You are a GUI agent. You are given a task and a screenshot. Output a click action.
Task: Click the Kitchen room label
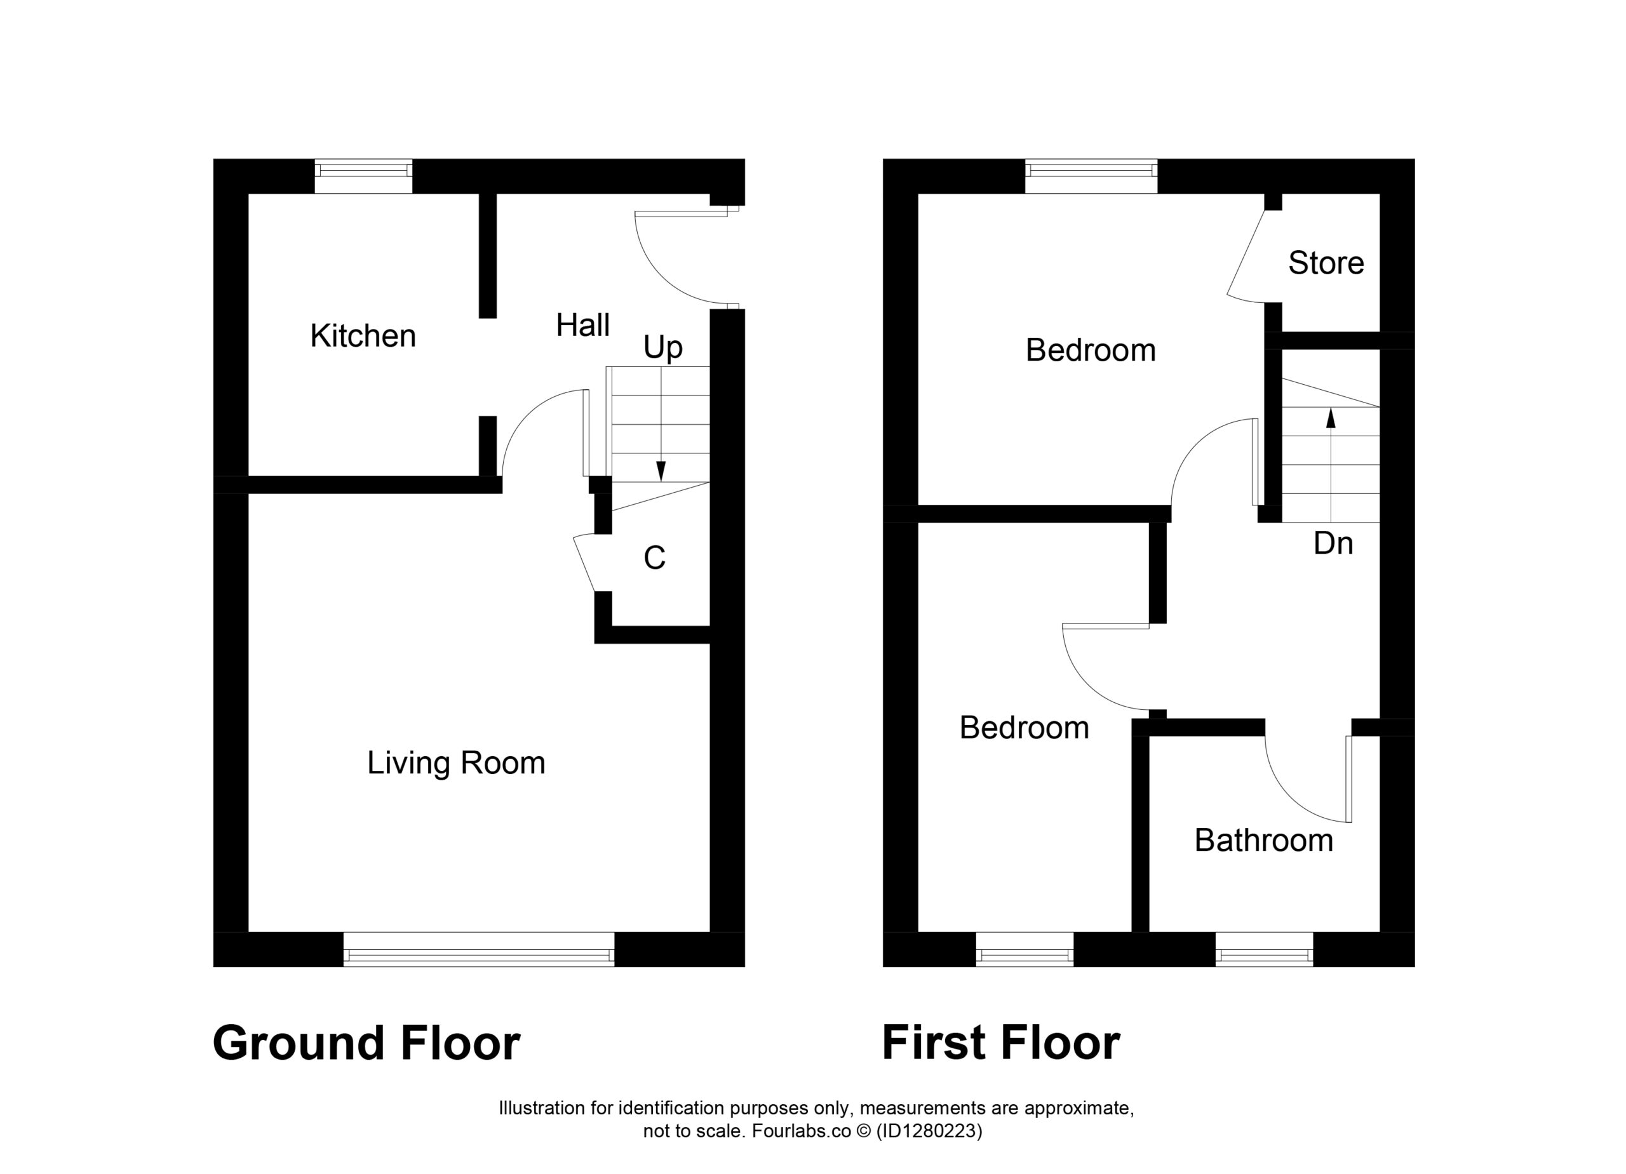point(363,336)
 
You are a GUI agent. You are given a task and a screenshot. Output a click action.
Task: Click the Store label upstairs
point(1326,263)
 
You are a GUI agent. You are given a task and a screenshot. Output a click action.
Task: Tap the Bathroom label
point(1263,840)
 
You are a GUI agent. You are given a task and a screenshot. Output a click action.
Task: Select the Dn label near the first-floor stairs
point(1333,544)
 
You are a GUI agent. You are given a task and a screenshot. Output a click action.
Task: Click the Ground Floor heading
point(366,1044)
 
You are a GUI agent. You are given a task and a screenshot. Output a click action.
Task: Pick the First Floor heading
point(1001,1044)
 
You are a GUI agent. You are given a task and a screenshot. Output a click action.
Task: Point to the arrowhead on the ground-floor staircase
point(661,471)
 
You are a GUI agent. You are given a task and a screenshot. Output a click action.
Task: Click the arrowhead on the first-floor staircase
point(1331,418)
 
